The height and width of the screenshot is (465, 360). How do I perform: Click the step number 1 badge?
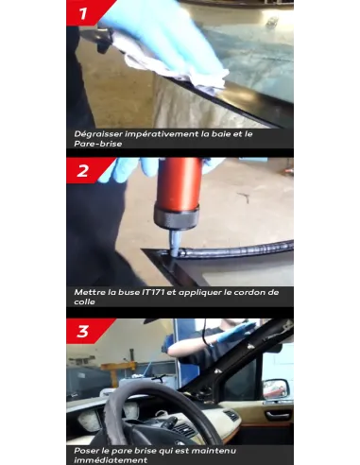(x=83, y=13)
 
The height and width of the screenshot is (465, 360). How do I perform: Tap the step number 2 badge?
(x=83, y=170)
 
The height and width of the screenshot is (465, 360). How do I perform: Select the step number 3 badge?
(x=83, y=331)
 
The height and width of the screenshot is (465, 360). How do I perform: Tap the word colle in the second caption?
(x=84, y=301)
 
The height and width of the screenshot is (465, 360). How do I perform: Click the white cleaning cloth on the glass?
(x=177, y=68)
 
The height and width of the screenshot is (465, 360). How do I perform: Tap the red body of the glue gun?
(x=179, y=184)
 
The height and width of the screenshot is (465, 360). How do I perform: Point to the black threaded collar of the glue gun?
(x=177, y=218)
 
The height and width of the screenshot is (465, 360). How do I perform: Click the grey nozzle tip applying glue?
(x=175, y=244)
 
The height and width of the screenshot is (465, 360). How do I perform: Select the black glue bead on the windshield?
(x=233, y=249)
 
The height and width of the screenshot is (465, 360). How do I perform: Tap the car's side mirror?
(x=275, y=389)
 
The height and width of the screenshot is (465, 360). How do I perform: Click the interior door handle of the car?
(x=277, y=416)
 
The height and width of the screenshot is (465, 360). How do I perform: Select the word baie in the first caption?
(x=220, y=134)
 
